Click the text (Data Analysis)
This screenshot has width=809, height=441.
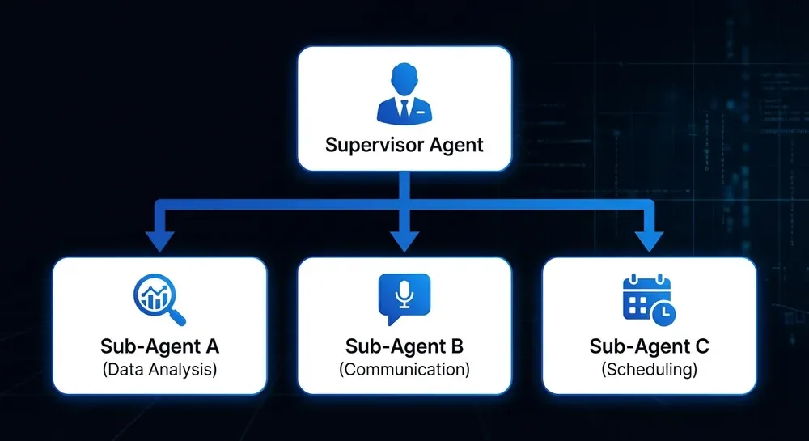pos(160,371)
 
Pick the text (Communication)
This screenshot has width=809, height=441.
pos(404,371)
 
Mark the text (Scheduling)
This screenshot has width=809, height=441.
pos(649,371)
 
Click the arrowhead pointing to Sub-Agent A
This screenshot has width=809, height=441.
pos(160,240)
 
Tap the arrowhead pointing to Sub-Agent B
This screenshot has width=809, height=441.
pos(404,240)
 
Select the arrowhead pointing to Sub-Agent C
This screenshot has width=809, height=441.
pos(649,240)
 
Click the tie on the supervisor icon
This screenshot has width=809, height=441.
pos(404,108)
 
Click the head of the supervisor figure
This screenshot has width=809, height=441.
pos(404,81)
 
